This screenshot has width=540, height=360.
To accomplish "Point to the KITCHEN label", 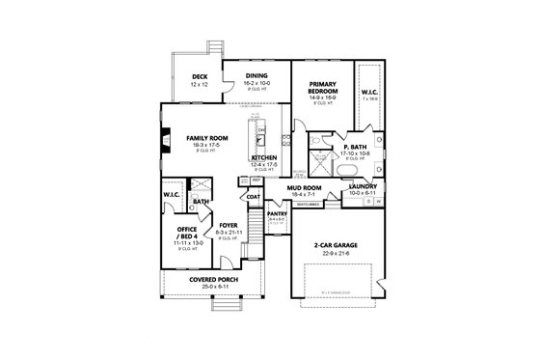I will (x=264, y=156).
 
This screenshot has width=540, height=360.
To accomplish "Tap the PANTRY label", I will (x=277, y=212).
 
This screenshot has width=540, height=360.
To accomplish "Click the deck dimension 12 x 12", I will (x=200, y=84).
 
